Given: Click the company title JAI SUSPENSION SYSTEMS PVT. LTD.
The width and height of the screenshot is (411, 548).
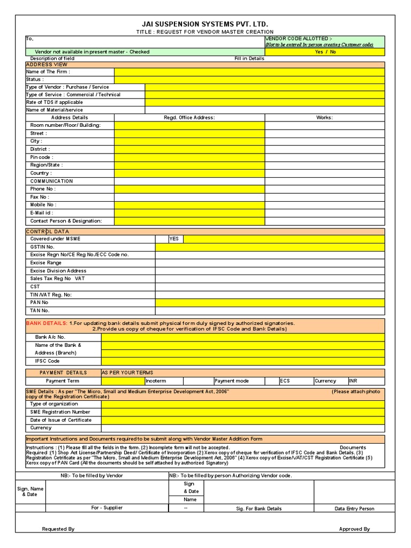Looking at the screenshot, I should pyautogui.click(x=205, y=24).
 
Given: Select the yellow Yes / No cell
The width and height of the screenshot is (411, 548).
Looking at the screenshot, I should pyautogui.click(x=325, y=52).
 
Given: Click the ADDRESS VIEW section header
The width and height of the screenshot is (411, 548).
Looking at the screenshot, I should pyautogui.click(x=47, y=64).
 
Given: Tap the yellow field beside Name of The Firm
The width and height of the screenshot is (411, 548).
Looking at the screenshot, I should pyautogui.click(x=249, y=72).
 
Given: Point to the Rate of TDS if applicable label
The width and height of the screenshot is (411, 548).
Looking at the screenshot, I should pyautogui.click(x=54, y=102).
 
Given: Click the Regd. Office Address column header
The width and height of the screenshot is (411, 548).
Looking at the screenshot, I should pyautogui.click(x=189, y=117).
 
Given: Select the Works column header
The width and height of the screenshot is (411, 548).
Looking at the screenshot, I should pyautogui.click(x=324, y=117).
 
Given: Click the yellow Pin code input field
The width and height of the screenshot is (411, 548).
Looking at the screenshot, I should pyautogui.click(x=189, y=157).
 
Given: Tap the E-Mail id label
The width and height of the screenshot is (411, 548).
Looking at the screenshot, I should pyautogui.click(x=42, y=212).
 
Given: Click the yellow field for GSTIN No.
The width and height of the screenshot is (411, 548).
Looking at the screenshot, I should pyautogui.click(x=270, y=247).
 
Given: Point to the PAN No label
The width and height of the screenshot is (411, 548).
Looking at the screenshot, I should pyautogui.click(x=39, y=302).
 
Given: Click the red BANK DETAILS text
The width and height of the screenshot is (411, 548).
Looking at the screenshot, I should pyautogui.click(x=47, y=323).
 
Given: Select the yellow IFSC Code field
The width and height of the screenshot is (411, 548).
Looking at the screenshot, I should pyautogui.click(x=242, y=361).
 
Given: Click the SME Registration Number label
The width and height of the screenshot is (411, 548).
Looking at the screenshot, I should pyautogui.click(x=59, y=412).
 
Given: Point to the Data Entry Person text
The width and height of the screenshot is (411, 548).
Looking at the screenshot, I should pyautogui.click(x=354, y=508).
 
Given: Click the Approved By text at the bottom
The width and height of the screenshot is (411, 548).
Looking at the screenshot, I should pyautogui.click(x=354, y=529).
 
